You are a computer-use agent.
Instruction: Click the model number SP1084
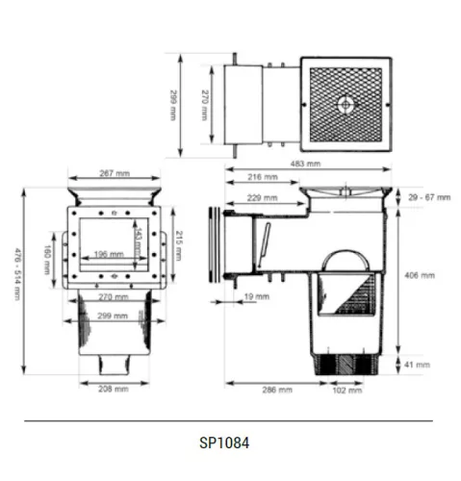224,443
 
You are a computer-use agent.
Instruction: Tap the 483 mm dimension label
305,164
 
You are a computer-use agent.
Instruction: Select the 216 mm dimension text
263,177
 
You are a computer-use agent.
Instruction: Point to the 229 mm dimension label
262,198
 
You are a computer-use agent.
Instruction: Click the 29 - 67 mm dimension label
429,197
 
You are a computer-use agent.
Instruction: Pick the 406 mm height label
420,275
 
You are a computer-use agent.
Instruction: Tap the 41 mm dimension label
417,365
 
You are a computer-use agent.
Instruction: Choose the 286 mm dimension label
277,390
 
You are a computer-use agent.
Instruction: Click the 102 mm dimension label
347,391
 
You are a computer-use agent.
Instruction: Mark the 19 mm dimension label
257,296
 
